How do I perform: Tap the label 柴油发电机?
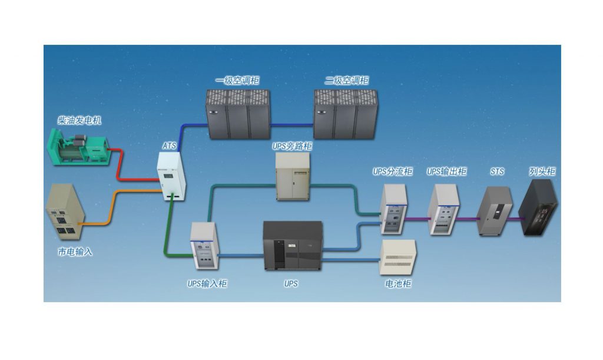click(x=80, y=120)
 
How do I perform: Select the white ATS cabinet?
click(x=171, y=175)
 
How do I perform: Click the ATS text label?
click(x=170, y=145)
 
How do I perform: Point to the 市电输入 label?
click(x=75, y=252)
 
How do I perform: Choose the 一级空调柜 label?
click(x=238, y=81)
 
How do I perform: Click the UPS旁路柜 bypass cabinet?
click(x=293, y=176)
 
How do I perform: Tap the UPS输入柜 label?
click(x=207, y=283)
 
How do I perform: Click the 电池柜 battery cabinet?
click(x=399, y=257)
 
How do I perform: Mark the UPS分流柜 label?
click(x=393, y=171)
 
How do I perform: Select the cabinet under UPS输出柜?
click(x=445, y=210)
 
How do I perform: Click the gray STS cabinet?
click(x=493, y=211)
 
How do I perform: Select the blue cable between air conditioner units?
click(x=291, y=124)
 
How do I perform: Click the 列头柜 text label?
click(x=542, y=171)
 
